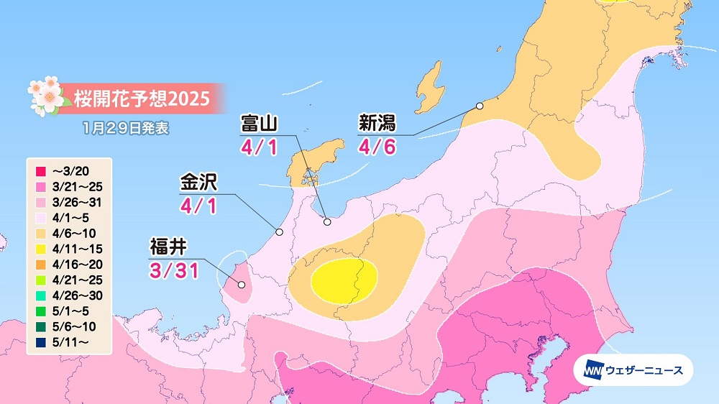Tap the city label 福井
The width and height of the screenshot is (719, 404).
168,248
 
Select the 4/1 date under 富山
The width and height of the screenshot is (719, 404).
259,147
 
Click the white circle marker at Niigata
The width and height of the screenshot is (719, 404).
480,106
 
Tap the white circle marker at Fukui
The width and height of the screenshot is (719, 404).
242,285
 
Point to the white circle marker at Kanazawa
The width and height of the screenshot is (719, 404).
280,232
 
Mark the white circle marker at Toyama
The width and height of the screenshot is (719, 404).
327,222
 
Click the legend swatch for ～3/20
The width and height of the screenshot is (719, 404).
40,171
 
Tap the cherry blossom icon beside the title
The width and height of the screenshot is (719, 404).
45,95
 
